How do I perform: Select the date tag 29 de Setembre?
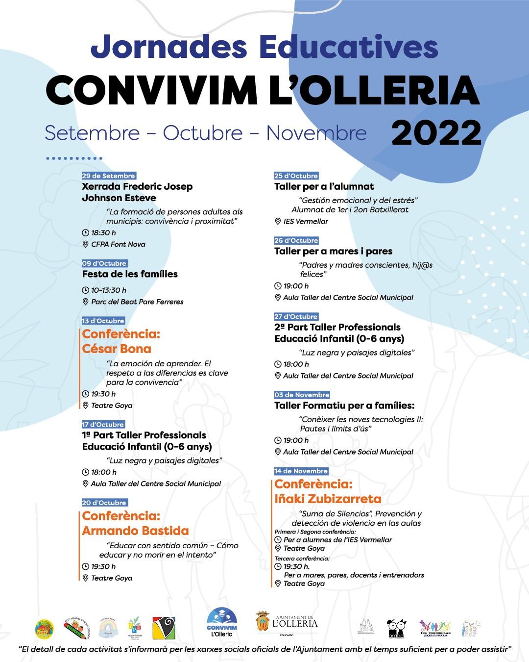[x=108, y=176]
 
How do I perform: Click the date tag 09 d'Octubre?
[x=104, y=263]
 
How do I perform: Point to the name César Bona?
[x=117, y=349]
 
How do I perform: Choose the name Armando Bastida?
[x=135, y=531]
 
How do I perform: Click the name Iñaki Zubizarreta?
[x=328, y=499]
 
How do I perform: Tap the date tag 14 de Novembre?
[x=301, y=471]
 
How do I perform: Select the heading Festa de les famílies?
[x=130, y=274]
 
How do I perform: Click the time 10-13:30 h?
[x=108, y=290]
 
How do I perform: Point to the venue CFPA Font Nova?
[x=118, y=244]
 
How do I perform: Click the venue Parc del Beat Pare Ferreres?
[x=137, y=302]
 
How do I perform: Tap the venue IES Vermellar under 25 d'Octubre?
[x=306, y=221]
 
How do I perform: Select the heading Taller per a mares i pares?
[x=333, y=251]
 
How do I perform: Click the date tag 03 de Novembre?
[x=302, y=395]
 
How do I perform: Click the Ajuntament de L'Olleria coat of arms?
[x=263, y=622]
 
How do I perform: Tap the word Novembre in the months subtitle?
[x=316, y=133]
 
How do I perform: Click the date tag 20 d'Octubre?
[x=104, y=503]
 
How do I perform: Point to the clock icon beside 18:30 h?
[x=86, y=233]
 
